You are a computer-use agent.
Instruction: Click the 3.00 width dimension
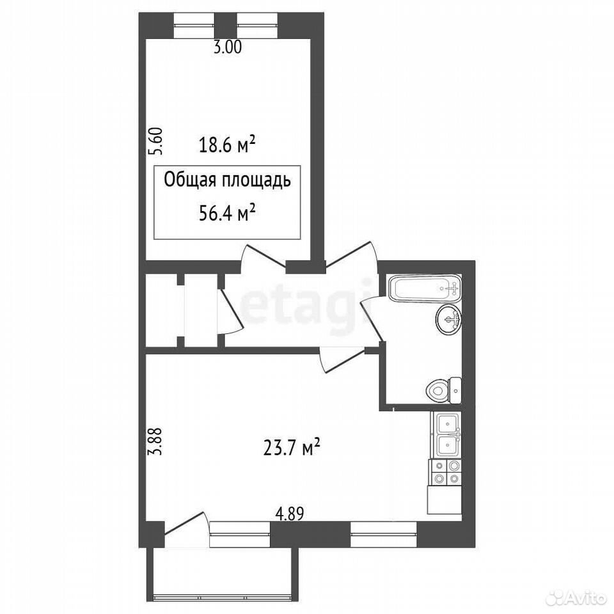point(227,47)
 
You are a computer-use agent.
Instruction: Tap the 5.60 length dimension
point(155,141)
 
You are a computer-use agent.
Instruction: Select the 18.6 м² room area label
point(227,145)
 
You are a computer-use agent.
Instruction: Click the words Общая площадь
point(227,181)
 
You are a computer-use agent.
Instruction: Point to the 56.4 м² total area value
point(227,214)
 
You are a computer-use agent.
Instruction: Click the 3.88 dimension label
point(155,441)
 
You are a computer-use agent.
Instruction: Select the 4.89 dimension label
point(290,514)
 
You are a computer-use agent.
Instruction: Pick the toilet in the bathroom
point(443,390)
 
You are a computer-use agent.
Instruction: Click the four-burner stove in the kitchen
point(446,472)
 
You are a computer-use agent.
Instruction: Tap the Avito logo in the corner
point(580,597)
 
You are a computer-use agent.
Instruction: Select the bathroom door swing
point(371,317)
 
